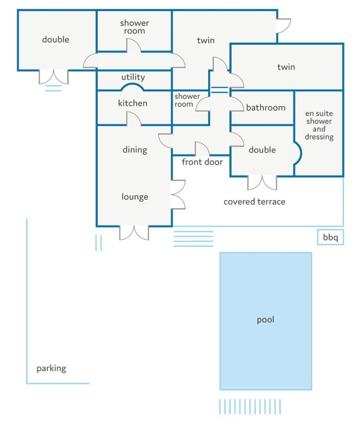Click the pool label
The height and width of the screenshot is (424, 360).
pyautogui.click(x=265, y=320)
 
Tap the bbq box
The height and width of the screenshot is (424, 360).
pyautogui.click(x=330, y=237)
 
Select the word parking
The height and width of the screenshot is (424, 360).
pyautogui.click(x=51, y=369)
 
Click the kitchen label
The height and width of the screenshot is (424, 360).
pyautogui.click(x=133, y=103)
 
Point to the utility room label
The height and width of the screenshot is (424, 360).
pyautogui.click(x=133, y=78)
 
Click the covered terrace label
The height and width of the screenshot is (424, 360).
pyautogui.click(x=254, y=201)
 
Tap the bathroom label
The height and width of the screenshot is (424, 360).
pyautogui.click(x=266, y=107)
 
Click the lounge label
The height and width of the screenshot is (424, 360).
pyautogui.click(x=135, y=196)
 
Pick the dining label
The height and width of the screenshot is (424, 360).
pyautogui.click(x=135, y=150)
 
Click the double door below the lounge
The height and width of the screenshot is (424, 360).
pyautogui.click(x=134, y=233)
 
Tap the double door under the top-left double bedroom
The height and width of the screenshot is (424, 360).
pyautogui.click(x=54, y=77)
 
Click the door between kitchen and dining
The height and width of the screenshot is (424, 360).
pyautogui.click(x=134, y=119)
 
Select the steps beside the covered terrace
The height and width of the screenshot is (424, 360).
pyautogui.click(x=193, y=239)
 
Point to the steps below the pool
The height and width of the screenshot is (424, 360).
pyautogui.click(x=250, y=406)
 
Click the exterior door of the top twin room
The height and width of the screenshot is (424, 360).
pyautogui.click(x=283, y=26)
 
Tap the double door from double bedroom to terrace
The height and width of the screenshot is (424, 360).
pyautogui.click(x=262, y=183)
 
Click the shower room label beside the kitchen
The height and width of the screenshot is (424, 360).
pyautogui.click(x=187, y=100)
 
